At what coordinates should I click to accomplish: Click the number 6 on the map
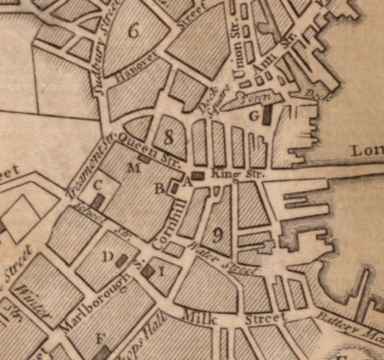pyautogui.click(x=134, y=31)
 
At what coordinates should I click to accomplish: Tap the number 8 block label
pyautogui.click(x=168, y=138)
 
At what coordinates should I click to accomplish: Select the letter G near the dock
pyautogui.click(x=254, y=116)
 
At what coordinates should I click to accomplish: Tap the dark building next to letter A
pyautogui.click(x=197, y=176)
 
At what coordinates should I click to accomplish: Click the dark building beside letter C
pyautogui.click(x=96, y=201)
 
